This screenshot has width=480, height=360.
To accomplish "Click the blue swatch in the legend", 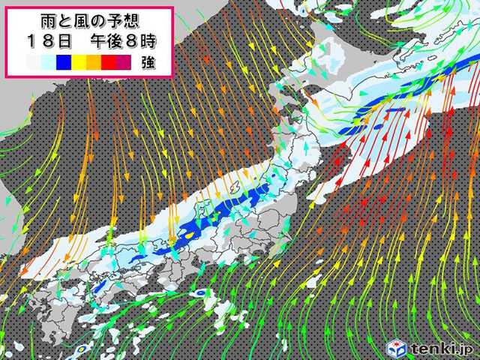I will pos(64,63).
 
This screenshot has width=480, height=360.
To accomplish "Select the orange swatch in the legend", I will pos(93,63).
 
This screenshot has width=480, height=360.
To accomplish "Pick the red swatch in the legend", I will pos(107,63).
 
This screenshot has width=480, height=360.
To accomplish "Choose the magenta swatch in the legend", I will pos(122,63).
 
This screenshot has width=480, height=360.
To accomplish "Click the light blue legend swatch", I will pos(49,63).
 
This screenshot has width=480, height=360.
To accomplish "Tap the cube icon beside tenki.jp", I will pos(396,347).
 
